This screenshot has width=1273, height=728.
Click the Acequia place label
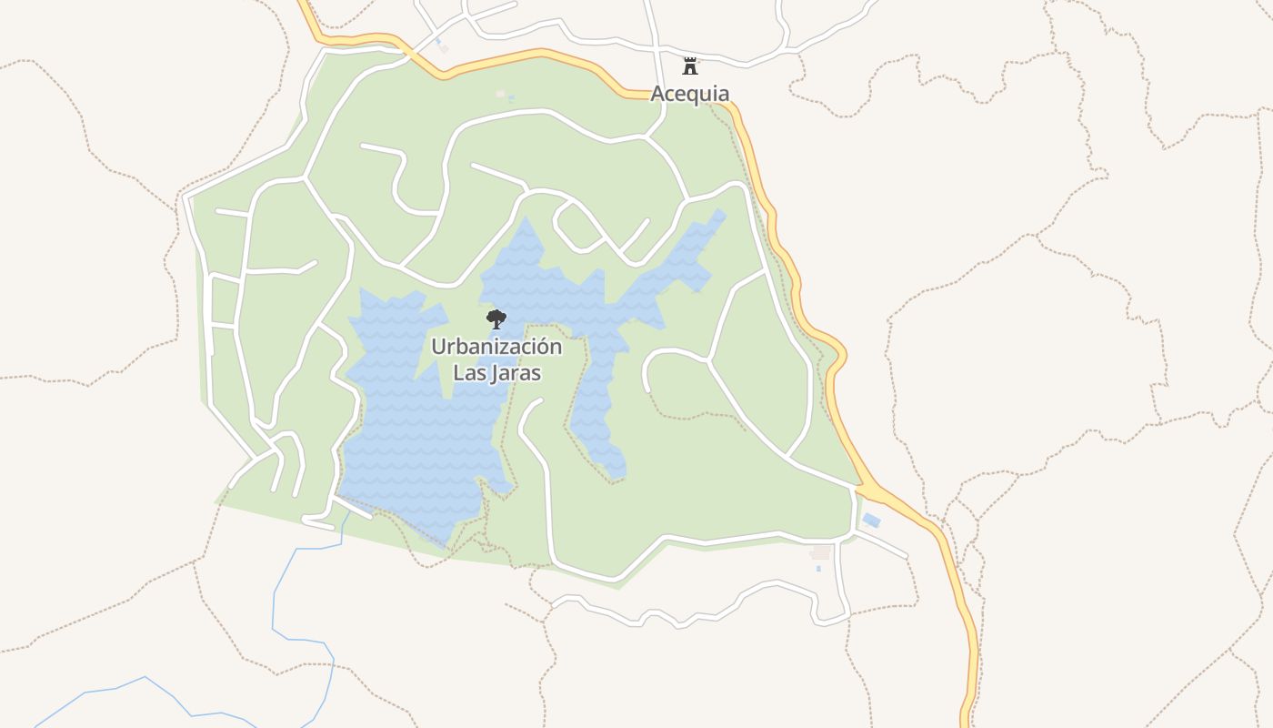click(689, 94)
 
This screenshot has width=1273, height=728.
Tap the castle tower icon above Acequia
click(690, 66)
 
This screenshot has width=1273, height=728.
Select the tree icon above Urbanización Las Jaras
click(496, 318)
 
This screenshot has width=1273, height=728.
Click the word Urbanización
click(496, 347)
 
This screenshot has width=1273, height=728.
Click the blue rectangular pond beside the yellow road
click(871, 521)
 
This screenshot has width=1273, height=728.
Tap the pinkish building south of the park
click(820, 552)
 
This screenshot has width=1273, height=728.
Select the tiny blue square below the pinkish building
click(818, 569)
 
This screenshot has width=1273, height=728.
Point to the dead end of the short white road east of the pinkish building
click(907, 557)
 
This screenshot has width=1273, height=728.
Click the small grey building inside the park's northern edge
click(500, 93)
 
